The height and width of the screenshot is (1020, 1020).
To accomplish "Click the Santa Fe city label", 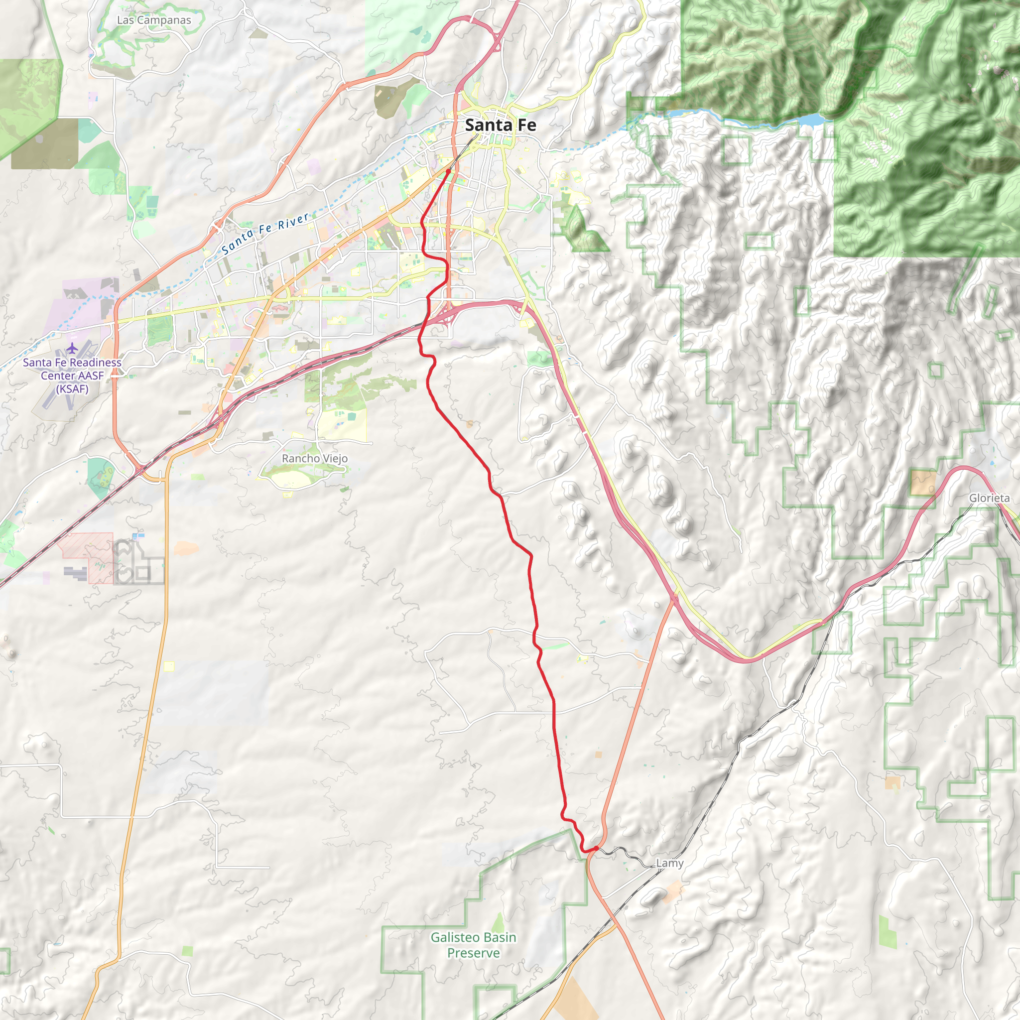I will pos(500,125).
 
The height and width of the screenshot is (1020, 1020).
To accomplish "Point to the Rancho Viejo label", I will pos(315,458).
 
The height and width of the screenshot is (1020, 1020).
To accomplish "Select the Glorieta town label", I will pos(989,498).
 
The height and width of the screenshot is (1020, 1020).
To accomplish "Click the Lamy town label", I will pos(669,863).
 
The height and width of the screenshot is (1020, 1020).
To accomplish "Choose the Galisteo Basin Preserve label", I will pos(473,945).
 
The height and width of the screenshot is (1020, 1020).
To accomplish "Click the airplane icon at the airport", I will pos(72,349).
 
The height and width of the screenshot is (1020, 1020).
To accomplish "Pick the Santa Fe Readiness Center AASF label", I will pos(72,369).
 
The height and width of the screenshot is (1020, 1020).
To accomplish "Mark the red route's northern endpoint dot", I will pos(448,171).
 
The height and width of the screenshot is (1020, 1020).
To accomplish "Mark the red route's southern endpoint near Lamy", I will pos(596,848).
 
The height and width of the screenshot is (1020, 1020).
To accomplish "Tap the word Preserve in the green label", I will pos(473,953).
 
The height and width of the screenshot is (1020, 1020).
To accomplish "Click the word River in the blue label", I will pos(293,221).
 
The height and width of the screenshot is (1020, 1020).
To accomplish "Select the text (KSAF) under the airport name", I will pos(72,389).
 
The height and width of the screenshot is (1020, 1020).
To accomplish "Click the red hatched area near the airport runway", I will pos(87,557).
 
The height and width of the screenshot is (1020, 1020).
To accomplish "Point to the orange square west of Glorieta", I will pos(922,483).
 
